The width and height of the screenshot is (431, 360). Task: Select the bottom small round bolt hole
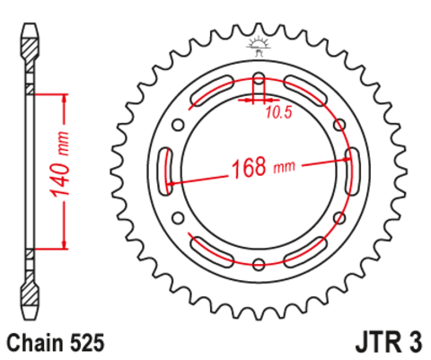(259, 263)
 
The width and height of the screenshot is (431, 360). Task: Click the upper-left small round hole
(179, 124)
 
